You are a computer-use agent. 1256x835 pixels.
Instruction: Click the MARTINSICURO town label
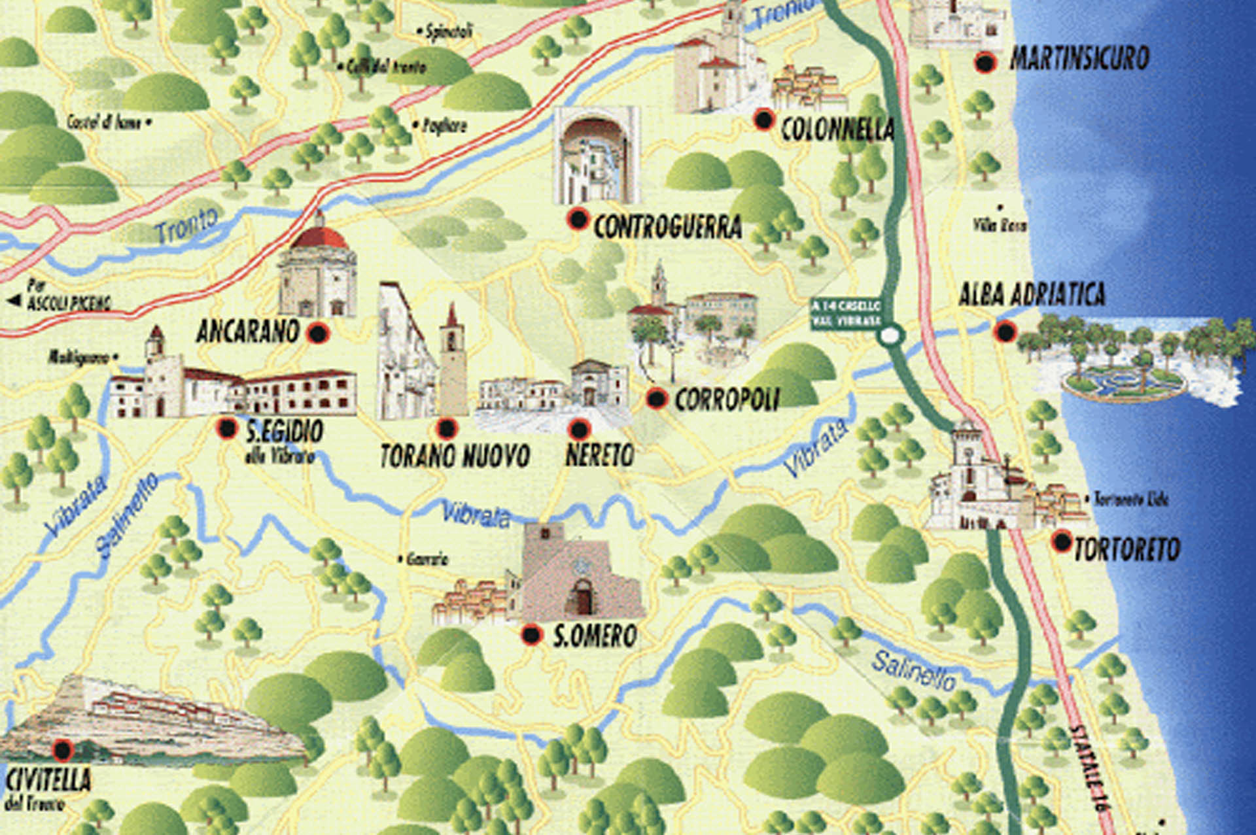(1079, 59)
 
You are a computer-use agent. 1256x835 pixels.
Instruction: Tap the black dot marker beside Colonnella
(763, 120)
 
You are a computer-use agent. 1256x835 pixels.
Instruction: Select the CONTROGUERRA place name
(667, 227)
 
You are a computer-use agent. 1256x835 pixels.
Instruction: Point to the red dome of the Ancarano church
(320, 237)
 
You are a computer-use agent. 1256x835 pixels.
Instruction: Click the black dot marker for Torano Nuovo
(447, 429)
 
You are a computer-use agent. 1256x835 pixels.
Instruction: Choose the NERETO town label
(599, 455)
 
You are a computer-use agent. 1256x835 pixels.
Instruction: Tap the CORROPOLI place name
(726, 400)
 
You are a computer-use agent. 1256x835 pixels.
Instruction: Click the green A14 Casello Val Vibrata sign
(845, 314)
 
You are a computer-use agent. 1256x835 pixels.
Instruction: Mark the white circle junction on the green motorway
(889, 336)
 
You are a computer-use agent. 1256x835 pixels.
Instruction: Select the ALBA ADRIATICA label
(1032, 295)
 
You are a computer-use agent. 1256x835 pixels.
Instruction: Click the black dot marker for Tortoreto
(1062, 541)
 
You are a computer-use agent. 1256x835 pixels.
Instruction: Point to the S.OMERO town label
(595, 636)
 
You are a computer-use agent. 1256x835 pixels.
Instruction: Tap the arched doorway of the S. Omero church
(582, 598)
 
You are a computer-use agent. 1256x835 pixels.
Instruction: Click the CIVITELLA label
(48, 780)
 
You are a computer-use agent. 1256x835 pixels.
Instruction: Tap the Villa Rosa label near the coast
(999, 226)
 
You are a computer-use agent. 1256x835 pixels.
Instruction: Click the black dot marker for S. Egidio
(227, 428)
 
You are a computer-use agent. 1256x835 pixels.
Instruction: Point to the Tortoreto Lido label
(1130, 500)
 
